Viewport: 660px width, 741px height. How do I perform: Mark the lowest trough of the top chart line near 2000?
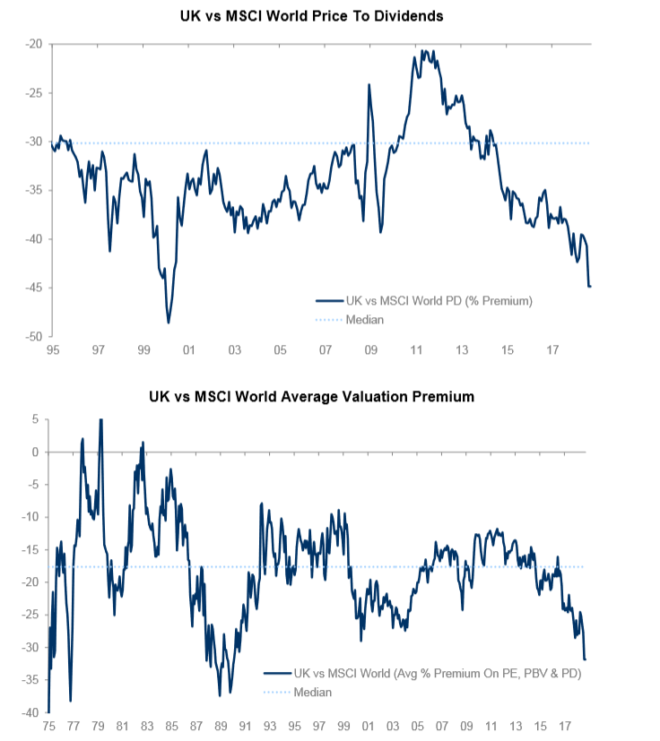169,322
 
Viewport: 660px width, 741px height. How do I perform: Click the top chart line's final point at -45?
591,287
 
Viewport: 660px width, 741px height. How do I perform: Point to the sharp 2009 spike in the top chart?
369,85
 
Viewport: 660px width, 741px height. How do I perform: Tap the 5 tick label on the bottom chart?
36,418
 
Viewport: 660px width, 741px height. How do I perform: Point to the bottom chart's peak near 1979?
100,419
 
